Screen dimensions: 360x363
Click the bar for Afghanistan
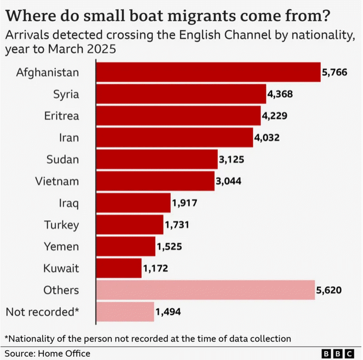[x=208, y=72]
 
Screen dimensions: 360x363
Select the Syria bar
[x=181, y=94]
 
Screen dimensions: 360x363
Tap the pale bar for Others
[x=206, y=290]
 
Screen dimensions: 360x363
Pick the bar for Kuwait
[x=119, y=268]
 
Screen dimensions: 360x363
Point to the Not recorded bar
[x=125, y=312]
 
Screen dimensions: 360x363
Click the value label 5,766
[x=335, y=72]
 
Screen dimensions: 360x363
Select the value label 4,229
[x=274, y=116]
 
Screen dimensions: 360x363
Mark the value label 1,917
[x=185, y=203]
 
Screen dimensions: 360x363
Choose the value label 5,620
[x=329, y=290]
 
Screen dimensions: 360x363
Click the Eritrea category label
[x=62, y=116]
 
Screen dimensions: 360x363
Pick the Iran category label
[x=69, y=138]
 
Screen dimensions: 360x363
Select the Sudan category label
[x=63, y=160]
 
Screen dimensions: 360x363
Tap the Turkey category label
[x=62, y=225]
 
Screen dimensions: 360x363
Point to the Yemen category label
[x=62, y=247]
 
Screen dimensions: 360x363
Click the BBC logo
[x=339, y=353]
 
